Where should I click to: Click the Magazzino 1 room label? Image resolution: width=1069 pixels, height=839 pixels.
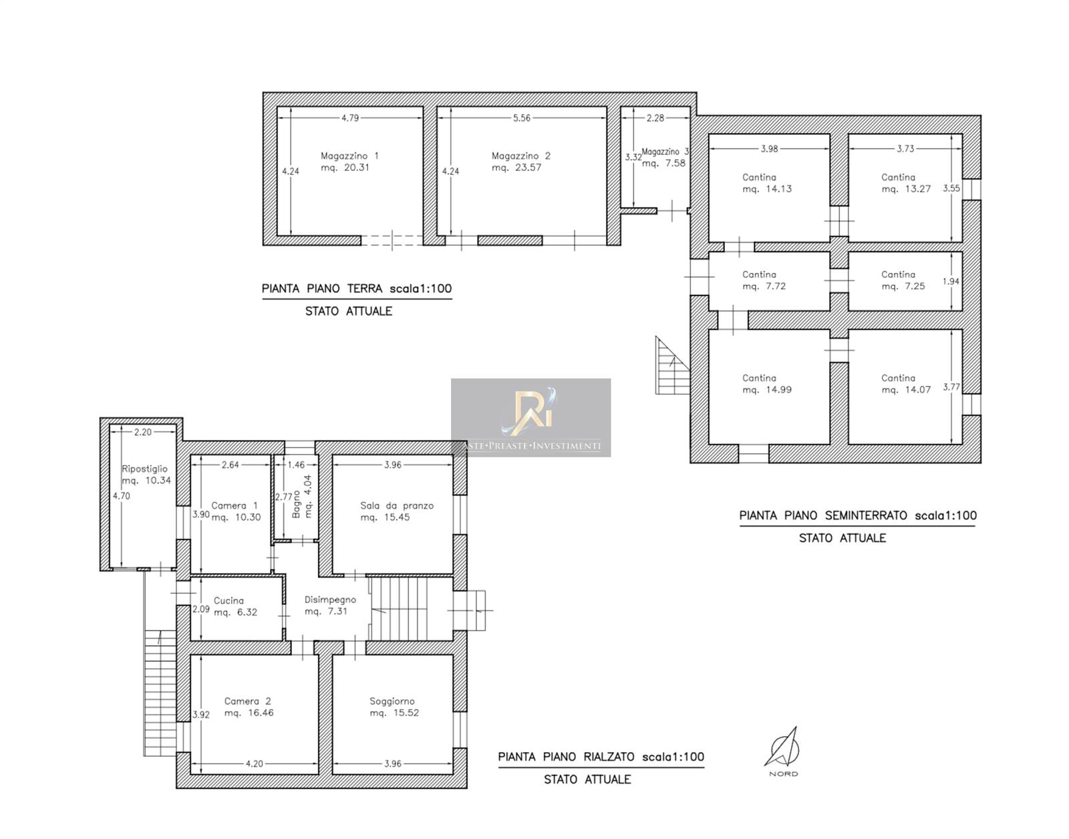[350, 156]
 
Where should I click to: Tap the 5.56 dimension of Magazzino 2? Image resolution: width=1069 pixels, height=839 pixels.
[521, 118]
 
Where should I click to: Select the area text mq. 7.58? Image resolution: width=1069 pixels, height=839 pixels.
[663, 163]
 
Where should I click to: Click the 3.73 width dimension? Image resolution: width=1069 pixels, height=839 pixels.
[905, 148]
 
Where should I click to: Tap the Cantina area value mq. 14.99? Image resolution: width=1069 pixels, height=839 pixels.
[768, 390]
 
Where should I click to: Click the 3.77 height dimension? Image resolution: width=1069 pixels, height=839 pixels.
[951, 387]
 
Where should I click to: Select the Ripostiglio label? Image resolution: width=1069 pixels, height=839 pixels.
[144, 469]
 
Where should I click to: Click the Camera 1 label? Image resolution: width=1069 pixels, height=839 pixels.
[235, 505]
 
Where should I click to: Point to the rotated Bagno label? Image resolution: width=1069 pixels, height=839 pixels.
[296, 504]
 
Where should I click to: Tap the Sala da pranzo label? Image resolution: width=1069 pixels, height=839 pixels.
[397, 505]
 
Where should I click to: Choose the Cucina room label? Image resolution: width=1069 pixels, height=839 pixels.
[228, 601]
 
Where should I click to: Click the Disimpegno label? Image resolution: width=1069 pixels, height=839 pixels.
[330, 600]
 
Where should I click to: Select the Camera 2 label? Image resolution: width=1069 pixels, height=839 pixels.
[247, 701]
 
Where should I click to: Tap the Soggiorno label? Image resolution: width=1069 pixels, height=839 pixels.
[392, 701]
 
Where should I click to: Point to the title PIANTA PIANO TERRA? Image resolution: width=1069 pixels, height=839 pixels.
[322, 289]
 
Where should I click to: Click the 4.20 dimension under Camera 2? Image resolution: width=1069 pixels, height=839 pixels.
[255, 763]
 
